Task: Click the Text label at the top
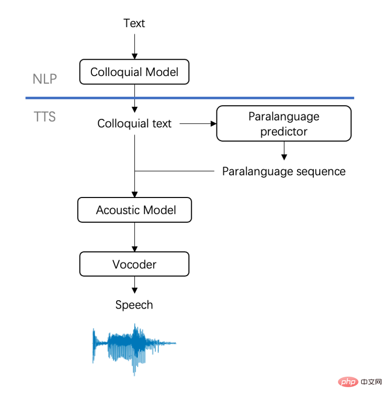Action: pyautogui.click(x=134, y=23)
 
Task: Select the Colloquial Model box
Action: pyautogui.click(x=134, y=72)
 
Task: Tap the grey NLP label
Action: pyautogui.click(x=44, y=79)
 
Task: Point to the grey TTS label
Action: pyautogui.click(x=44, y=117)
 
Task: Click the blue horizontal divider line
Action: pyautogui.click(x=190, y=98)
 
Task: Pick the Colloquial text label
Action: pyautogui.click(x=134, y=123)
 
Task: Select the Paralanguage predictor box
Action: pyautogui.click(x=284, y=123)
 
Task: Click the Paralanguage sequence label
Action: pyautogui.click(x=284, y=171)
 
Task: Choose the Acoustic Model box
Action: pyautogui.click(x=134, y=210)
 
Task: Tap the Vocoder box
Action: pyautogui.click(x=134, y=264)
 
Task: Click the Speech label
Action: pyautogui.click(x=134, y=305)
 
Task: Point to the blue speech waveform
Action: pyautogui.click(x=134, y=349)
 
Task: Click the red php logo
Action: pyautogui.click(x=348, y=382)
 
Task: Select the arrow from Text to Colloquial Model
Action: pyautogui.click(x=134, y=46)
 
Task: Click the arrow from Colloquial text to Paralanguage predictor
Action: pyautogui.click(x=198, y=124)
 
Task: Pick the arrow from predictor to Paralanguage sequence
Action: pyautogui.click(x=284, y=151)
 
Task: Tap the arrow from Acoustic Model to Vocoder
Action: pyautogui.click(x=134, y=237)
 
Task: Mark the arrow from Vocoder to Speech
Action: pyautogui.click(x=134, y=285)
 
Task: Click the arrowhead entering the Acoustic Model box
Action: pyautogui.click(x=134, y=195)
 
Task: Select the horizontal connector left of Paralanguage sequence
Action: pyautogui.click(x=174, y=171)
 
